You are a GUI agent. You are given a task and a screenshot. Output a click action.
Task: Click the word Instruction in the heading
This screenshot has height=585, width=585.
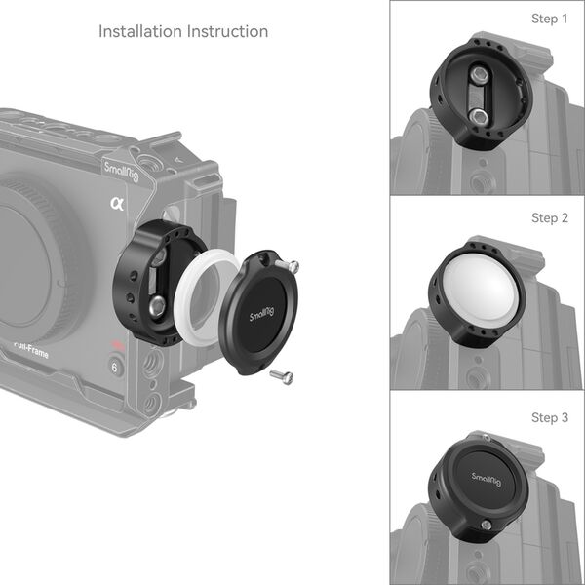pyautogui.click(x=228, y=31)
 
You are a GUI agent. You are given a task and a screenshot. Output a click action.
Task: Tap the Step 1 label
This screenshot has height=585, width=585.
pyautogui.click(x=550, y=19)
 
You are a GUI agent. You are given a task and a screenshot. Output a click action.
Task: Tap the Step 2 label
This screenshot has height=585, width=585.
pyautogui.click(x=550, y=218)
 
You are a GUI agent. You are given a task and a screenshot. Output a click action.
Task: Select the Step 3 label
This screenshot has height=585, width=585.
pyautogui.click(x=550, y=417)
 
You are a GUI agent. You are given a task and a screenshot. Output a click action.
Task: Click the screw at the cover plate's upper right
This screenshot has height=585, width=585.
pyautogui.click(x=291, y=265)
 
